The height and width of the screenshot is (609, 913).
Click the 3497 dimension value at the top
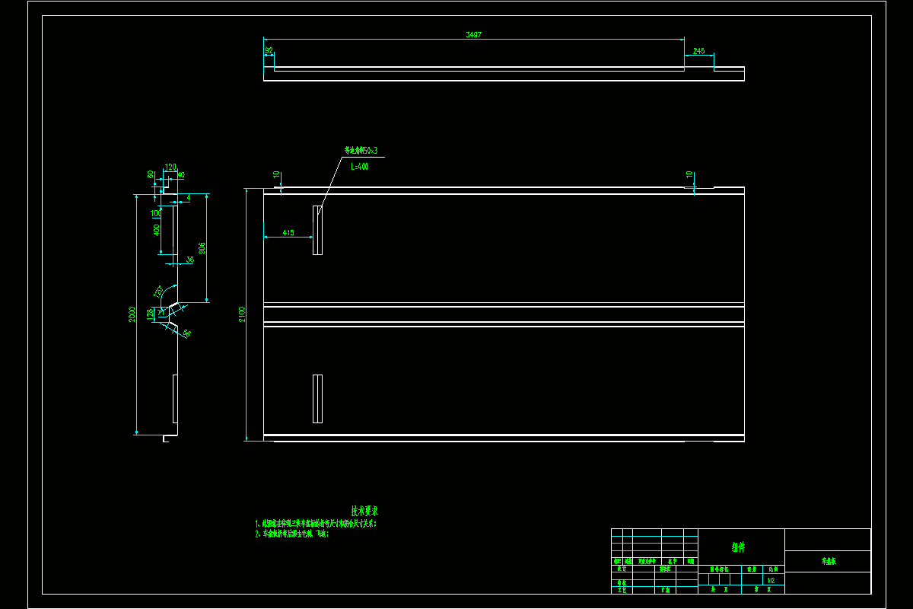[x=473, y=34]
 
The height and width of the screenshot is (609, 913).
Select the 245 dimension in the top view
[x=698, y=51]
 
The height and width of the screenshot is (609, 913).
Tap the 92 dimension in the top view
[x=269, y=51]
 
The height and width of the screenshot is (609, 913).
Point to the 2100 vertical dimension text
[x=242, y=314]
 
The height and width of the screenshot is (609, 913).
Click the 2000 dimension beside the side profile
[x=132, y=314]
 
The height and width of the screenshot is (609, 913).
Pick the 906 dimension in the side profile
[x=202, y=248]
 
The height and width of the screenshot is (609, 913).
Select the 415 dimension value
[x=288, y=232]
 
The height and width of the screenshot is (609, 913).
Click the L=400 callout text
[x=359, y=166]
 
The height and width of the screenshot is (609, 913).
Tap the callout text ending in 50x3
[x=361, y=151]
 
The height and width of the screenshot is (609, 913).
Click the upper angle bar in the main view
[x=317, y=230]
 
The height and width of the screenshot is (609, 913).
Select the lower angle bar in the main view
[x=317, y=398]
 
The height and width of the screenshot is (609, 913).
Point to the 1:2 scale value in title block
[x=771, y=579]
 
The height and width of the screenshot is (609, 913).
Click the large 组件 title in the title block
[x=738, y=547]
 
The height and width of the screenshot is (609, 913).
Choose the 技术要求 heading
[x=364, y=511]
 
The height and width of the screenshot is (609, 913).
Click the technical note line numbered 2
[x=292, y=534]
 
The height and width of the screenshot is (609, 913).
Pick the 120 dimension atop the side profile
[x=170, y=167]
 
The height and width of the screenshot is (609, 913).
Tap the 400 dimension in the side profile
[x=156, y=229]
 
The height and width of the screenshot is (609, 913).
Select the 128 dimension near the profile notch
[x=150, y=312]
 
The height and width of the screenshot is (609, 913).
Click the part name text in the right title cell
[x=829, y=561]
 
